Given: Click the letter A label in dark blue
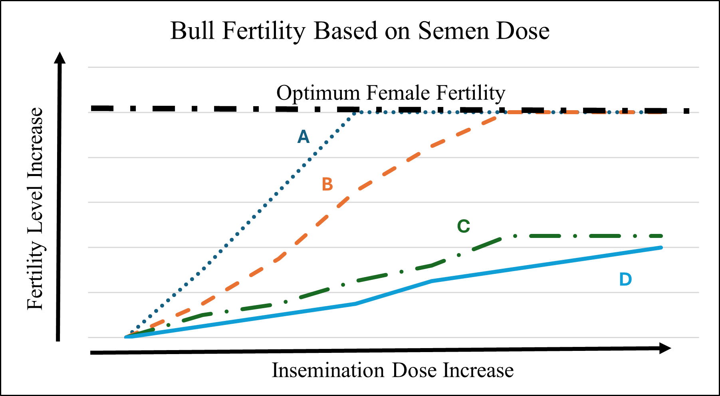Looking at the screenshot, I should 303,137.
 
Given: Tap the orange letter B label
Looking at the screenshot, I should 327,184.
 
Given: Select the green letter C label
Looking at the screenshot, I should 463,226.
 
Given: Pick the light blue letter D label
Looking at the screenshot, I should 625,279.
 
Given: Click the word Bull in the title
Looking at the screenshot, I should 193,31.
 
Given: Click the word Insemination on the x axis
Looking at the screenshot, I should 329,370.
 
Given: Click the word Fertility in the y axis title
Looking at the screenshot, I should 35,275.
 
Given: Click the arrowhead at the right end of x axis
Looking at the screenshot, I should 664,348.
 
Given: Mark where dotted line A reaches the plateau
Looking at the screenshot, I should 356,113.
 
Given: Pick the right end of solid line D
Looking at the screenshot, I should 661,247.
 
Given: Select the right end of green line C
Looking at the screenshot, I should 661,236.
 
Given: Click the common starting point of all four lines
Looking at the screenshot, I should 127,337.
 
